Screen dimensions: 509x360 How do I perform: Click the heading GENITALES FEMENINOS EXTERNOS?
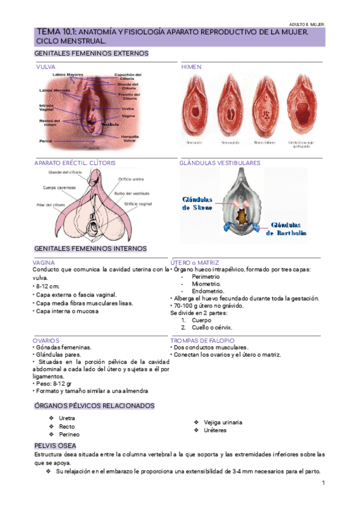(92, 53)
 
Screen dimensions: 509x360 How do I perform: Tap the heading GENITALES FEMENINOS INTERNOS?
(91, 248)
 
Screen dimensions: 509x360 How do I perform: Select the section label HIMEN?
(191, 67)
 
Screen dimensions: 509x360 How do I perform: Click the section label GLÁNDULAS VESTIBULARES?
(220, 163)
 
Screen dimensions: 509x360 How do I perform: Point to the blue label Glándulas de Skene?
(197, 203)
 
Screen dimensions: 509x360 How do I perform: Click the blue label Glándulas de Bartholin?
(287, 229)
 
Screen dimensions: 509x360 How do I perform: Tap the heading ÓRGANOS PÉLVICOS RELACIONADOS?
(94, 406)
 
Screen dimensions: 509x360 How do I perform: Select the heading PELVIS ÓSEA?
(55, 446)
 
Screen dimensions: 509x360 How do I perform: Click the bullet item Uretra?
(67, 418)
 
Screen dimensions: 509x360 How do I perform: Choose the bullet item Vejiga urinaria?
(223, 422)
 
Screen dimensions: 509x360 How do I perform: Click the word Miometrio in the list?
(206, 284)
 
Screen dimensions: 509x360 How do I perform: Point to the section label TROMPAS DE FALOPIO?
(202, 340)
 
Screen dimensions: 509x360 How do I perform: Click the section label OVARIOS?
(46, 340)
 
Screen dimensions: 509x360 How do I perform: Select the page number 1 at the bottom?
(323, 483)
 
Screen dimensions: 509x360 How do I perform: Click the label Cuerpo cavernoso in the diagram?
(59, 187)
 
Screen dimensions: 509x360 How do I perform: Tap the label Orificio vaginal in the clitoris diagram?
(139, 204)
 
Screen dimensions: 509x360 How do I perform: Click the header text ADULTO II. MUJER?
(307, 24)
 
